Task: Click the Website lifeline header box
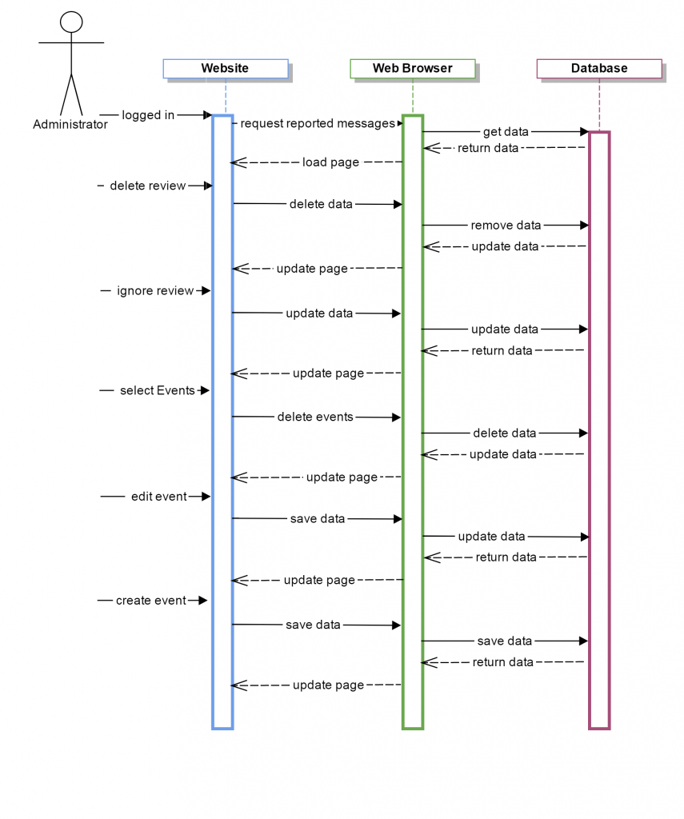tap(225, 69)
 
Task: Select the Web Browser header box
tap(412, 69)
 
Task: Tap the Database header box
tap(598, 69)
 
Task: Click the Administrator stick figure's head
tap(71, 22)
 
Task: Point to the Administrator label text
tap(70, 125)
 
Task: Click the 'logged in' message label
tap(148, 115)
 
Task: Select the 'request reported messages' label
tap(318, 123)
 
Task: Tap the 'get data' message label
tap(506, 131)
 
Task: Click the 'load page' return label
tap(330, 162)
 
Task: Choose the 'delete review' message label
tap(147, 186)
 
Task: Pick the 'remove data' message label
tap(506, 226)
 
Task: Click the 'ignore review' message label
tap(155, 291)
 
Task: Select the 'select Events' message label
tap(157, 391)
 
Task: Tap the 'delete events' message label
tap(315, 417)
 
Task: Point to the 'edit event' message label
tap(158, 497)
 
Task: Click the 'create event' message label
tap(150, 601)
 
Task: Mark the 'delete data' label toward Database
tap(504, 433)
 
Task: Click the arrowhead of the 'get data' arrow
tap(584, 131)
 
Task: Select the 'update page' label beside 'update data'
tap(312, 269)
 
